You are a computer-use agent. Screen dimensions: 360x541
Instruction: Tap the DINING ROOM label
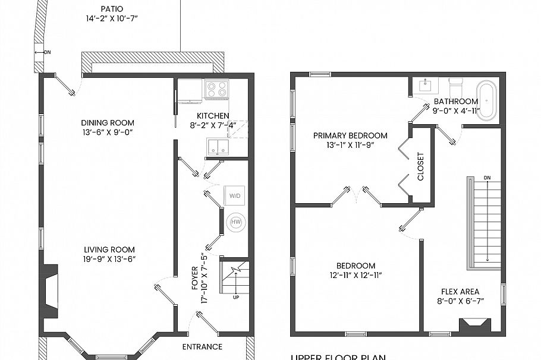(x=108, y=123)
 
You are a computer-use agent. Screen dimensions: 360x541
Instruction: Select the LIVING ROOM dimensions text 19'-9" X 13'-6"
(x=109, y=260)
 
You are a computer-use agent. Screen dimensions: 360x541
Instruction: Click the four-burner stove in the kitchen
(x=217, y=89)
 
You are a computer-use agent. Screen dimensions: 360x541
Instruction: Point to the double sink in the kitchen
(x=218, y=147)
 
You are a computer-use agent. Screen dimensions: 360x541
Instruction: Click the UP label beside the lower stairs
(x=236, y=297)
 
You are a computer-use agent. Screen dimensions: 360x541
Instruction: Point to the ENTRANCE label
(x=203, y=346)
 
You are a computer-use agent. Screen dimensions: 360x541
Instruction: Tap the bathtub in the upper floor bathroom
(x=487, y=101)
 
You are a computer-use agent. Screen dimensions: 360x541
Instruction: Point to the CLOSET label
(x=421, y=167)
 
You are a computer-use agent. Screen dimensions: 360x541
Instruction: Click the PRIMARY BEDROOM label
(x=350, y=135)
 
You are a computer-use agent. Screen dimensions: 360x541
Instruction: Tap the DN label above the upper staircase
(x=487, y=178)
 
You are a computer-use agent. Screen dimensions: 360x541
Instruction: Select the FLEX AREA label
(x=460, y=292)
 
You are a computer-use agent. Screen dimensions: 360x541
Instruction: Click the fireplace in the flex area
(x=475, y=325)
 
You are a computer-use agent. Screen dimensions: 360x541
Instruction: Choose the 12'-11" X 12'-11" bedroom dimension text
(x=356, y=275)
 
